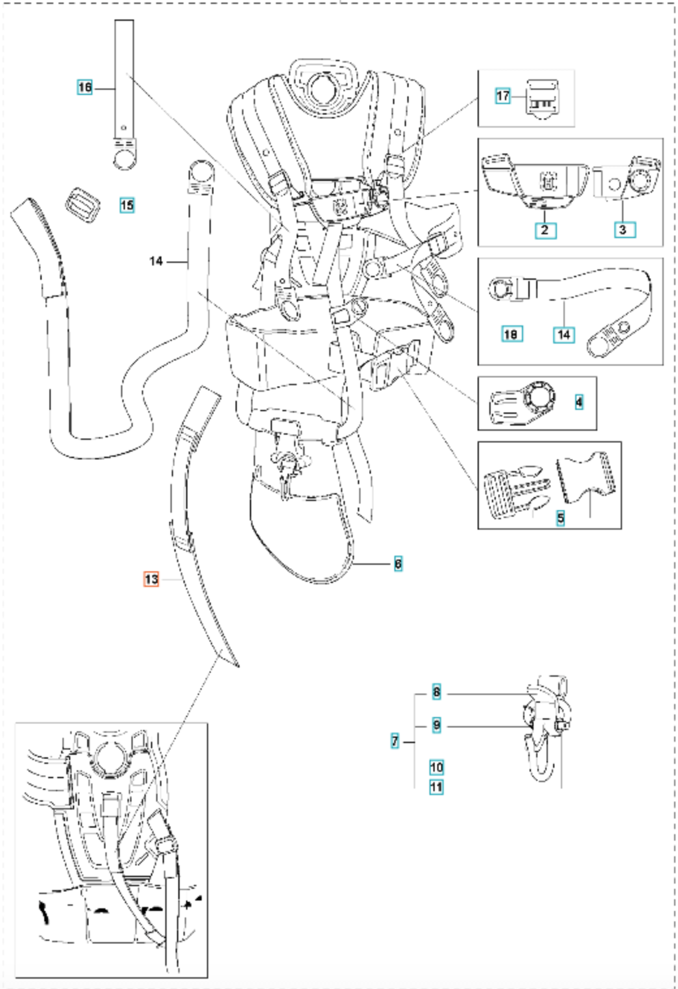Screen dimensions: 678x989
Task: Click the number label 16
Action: pyautogui.click(x=85, y=87)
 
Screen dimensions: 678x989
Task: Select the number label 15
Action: pyautogui.click(x=127, y=206)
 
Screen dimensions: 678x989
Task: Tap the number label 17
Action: pyautogui.click(x=503, y=96)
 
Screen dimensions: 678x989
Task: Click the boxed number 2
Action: pyautogui.click(x=545, y=230)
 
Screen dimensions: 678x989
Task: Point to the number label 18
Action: pyautogui.click(x=511, y=334)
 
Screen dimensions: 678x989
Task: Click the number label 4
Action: pyautogui.click(x=579, y=402)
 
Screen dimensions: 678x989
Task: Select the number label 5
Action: pyautogui.click(x=561, y=518)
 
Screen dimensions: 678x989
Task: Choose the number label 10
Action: pyautogui.click(x=437, y=767)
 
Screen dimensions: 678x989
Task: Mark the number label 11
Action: pyautogui.click(x=437, y=787)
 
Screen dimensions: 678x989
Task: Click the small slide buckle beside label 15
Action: pyautogui.click(x=83, y=204)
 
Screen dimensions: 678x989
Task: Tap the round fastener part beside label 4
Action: pyautogui.click(x=522, y=402)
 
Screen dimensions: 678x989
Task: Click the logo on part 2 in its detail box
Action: pyautogui.click(x=549, y=181)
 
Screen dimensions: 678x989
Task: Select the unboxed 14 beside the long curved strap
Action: pyautogui.click(x=156, y=262)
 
